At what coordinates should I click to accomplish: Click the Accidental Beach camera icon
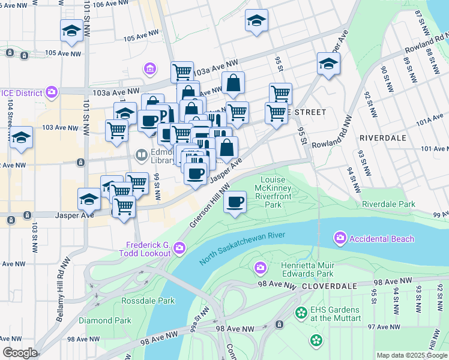pyautogui.click(x=340, y=239)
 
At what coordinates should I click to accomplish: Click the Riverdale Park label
pyautogui.click(x=388, y=204)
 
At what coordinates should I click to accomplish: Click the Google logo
pyautogui.click(x=20, y=353)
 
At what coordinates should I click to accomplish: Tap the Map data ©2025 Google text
pyautogui.click(x=412, y=355)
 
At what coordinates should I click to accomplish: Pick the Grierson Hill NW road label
pyautogui.click(x=211, y=206)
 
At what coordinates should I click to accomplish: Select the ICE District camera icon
pyautogui.click(x=52, y=92)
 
